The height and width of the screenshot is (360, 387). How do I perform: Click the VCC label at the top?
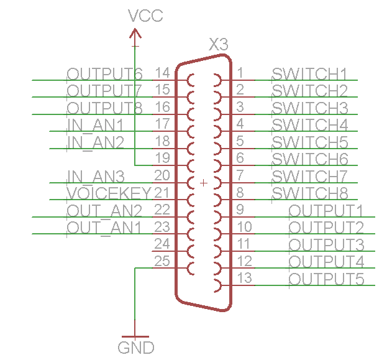click(x=145, y=16)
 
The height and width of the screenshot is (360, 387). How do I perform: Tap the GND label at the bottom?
click(x=136, y=347)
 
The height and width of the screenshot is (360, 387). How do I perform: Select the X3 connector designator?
click(x=219, y=45)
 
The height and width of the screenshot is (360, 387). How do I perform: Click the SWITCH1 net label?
click(x=309, y=73)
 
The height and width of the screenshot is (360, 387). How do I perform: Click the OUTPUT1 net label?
click(x=326, y=210)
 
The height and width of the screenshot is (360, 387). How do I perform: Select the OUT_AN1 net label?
click(x=104, y=228)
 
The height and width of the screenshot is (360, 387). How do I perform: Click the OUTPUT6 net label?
click(x=105, y=73)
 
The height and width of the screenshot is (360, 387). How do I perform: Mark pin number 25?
click(x=162, y=261)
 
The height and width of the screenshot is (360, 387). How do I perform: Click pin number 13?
click(x=245, y=278)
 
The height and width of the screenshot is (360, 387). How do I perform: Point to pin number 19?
click(x=162, y=158)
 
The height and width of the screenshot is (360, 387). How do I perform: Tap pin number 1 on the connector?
click(x=240, y=73)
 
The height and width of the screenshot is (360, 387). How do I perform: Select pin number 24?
click(x=162, y=244)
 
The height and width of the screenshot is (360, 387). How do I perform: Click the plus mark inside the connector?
click(x=203, y=183)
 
